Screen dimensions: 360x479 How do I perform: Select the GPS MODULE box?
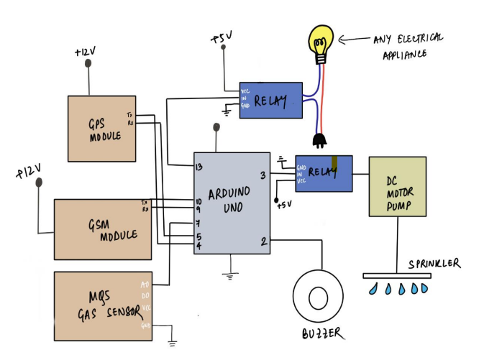pyautogui.click(x=101, y=128)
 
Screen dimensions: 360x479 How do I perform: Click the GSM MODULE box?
pyautogui.click(x=103, y=229)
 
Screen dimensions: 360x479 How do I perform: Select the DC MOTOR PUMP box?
pyautogui.click(x=397, y=186)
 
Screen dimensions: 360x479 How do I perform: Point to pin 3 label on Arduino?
pyautogui.click(x=263, y=175)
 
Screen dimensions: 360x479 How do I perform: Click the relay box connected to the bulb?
pyautogui.click(x=270, y=100)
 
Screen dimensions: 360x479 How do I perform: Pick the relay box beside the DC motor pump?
pyautogui.click(x=324, y=173)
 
